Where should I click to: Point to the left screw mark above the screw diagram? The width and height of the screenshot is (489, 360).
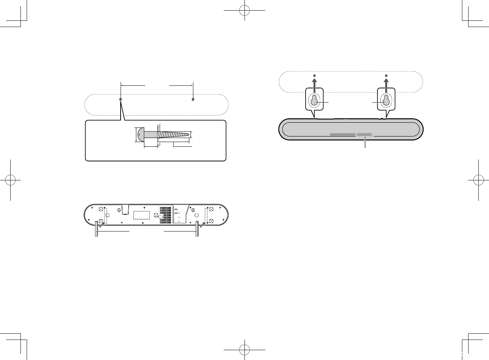point(121,99)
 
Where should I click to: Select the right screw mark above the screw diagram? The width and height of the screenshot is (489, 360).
point(193,99)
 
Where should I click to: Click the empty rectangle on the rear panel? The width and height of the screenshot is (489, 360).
point(142,215)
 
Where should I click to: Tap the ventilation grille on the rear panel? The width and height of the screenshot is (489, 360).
point(165,215)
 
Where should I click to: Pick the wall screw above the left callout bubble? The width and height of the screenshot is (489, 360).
point(314,76)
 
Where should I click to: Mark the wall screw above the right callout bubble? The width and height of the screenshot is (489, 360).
point(386,76)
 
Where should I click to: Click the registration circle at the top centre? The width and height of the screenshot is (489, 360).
point(244,11)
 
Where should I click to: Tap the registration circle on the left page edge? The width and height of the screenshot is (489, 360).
point(11,180)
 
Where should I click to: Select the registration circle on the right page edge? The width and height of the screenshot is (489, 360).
point(478,180)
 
